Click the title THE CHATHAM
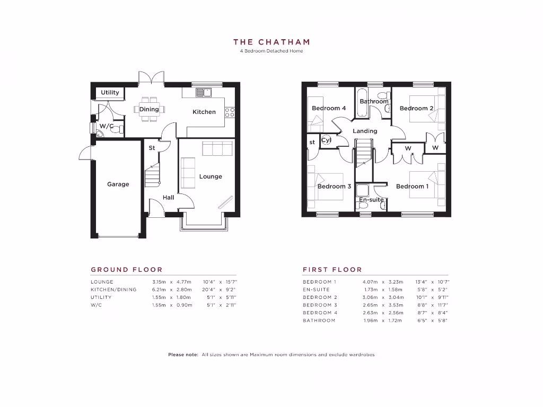click(271, 42)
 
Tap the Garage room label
click(118, 184)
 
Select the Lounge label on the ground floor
click(211, 176)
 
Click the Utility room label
click(110, 93)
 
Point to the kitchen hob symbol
click(230, 112)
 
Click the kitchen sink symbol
click(203, 93)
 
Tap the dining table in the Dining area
click(150, 109)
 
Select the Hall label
click(168, 198)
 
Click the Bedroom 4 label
click(329, 108)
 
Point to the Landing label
click(365, 131)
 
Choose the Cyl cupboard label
click(326, 140)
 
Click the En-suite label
click(371, 200)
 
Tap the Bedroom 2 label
click(416, 108)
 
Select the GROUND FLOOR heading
click(127, 270)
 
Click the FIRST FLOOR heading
click(332, 270)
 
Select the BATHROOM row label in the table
click(319, 321)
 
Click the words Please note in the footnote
click(183, 355)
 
